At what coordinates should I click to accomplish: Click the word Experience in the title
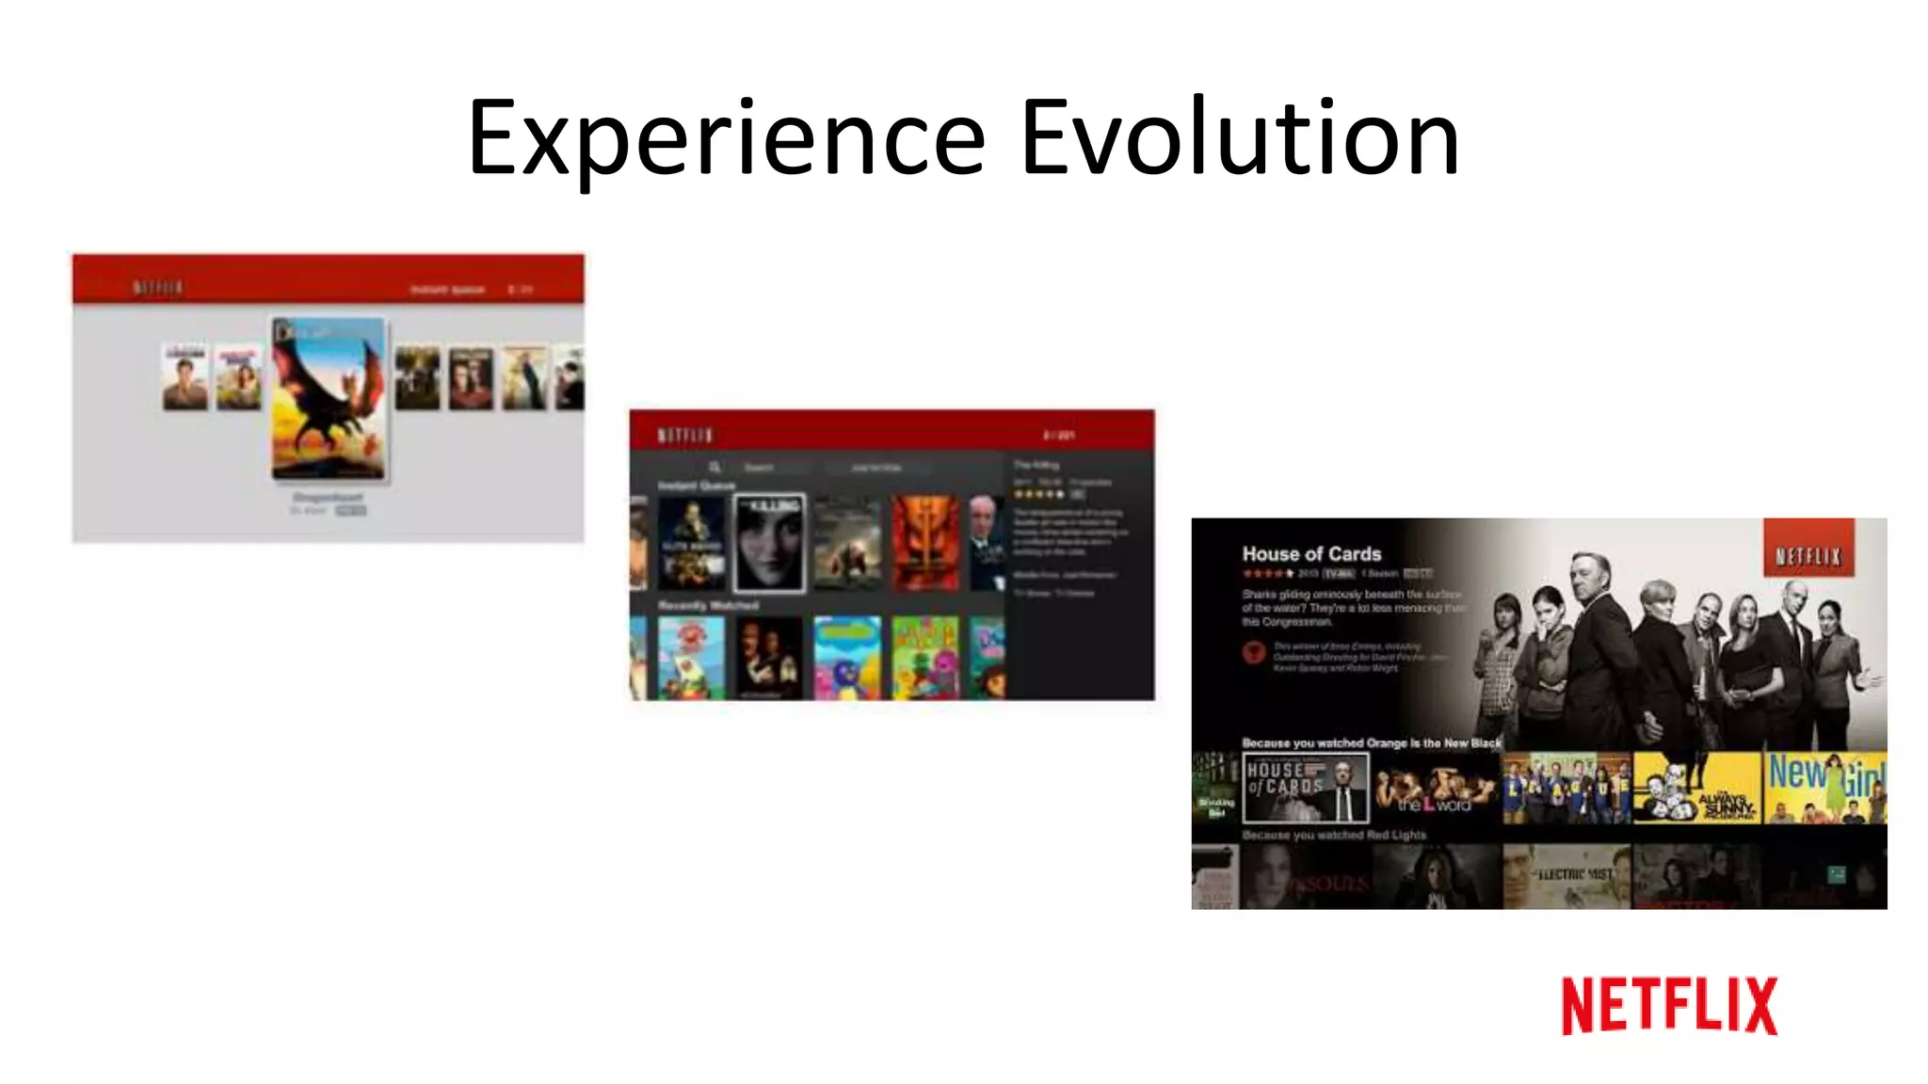click(726, 139)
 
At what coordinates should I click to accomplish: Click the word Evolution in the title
click(1240, 139)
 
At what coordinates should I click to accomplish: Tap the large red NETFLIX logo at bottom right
click(1669, 1006)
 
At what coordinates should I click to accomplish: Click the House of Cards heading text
click(1311, 554)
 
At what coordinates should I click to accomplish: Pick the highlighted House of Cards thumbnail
click(1306, 788)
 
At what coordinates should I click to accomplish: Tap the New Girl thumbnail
click(1824, 788)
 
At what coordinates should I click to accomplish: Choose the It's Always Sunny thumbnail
click(1696, 788)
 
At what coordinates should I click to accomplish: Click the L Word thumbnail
click(1436, 788)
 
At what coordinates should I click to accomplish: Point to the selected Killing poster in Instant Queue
click(769, 543)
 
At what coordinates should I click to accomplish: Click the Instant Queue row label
click(696, 486)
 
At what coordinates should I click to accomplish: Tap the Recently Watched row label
click(708, 605)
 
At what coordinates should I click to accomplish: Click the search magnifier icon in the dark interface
click(715, 467)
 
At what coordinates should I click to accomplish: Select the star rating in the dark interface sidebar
click(1038, 494)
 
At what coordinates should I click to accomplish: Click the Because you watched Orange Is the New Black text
click(1371, 742)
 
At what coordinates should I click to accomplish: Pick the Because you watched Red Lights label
click(1333, 835)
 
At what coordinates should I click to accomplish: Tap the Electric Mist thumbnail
click(1566, 876)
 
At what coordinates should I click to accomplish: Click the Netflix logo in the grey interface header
click(157, 288)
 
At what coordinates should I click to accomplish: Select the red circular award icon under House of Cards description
click(1253, 652)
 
